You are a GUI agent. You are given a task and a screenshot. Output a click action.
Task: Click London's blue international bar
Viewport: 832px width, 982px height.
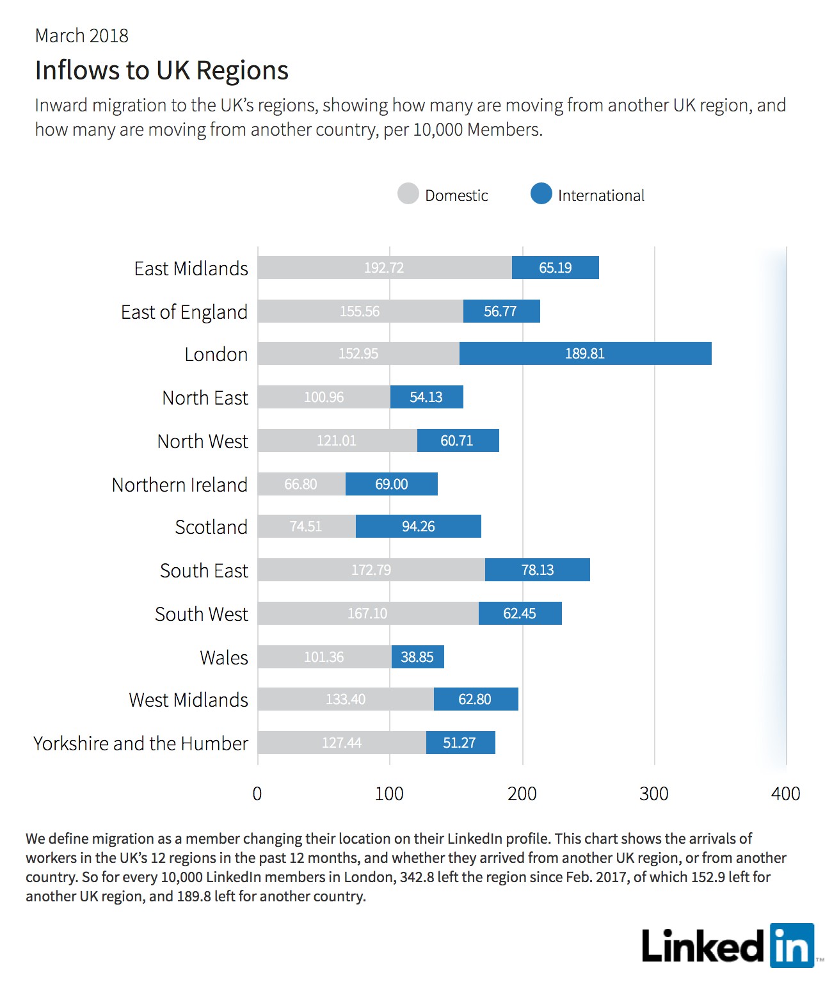tap(585, 353)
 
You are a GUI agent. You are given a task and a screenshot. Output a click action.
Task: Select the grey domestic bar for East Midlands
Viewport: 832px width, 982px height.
tap(385, 268)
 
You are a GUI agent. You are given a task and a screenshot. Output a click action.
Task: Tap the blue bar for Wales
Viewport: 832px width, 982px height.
tap(417, 657)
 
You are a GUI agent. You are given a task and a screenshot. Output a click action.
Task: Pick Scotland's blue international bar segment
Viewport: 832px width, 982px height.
tap(419, 526)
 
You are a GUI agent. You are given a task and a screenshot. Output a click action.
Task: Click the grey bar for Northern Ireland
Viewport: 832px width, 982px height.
tap(301, 483)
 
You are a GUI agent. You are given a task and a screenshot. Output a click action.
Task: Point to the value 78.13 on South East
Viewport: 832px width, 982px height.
tap(537, 570)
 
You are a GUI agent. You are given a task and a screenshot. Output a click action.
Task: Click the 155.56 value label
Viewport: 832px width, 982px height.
tap(360, 311)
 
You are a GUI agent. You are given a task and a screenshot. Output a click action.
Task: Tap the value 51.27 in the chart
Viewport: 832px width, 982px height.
tap(459, 743)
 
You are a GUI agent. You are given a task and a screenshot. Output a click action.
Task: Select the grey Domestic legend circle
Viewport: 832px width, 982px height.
tap(408, 193)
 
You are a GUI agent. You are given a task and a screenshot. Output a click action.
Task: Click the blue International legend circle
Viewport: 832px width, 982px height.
tap(541, 193)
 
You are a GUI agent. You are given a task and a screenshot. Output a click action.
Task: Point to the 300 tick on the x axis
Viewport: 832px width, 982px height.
tap(653, 794)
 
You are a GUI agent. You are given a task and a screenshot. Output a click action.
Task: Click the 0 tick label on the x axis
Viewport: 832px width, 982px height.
tap(257, 794)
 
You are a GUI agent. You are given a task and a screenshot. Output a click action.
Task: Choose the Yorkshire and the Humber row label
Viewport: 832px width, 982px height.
tap(141, 743)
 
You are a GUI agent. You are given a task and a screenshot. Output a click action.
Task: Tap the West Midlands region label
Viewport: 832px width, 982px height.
tap(188, 700)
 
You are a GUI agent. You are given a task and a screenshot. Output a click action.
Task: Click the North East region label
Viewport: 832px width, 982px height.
tap(205, 398)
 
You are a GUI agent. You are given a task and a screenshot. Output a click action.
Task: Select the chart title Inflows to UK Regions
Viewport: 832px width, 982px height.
tap(161, 70)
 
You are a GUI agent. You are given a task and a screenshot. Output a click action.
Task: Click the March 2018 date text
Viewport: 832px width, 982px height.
tap(82, 36)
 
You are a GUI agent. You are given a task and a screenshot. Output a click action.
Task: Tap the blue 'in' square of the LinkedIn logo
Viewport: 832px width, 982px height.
tap(792, 945)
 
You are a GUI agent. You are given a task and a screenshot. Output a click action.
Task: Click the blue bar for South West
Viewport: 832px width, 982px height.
tap(520, 613)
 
